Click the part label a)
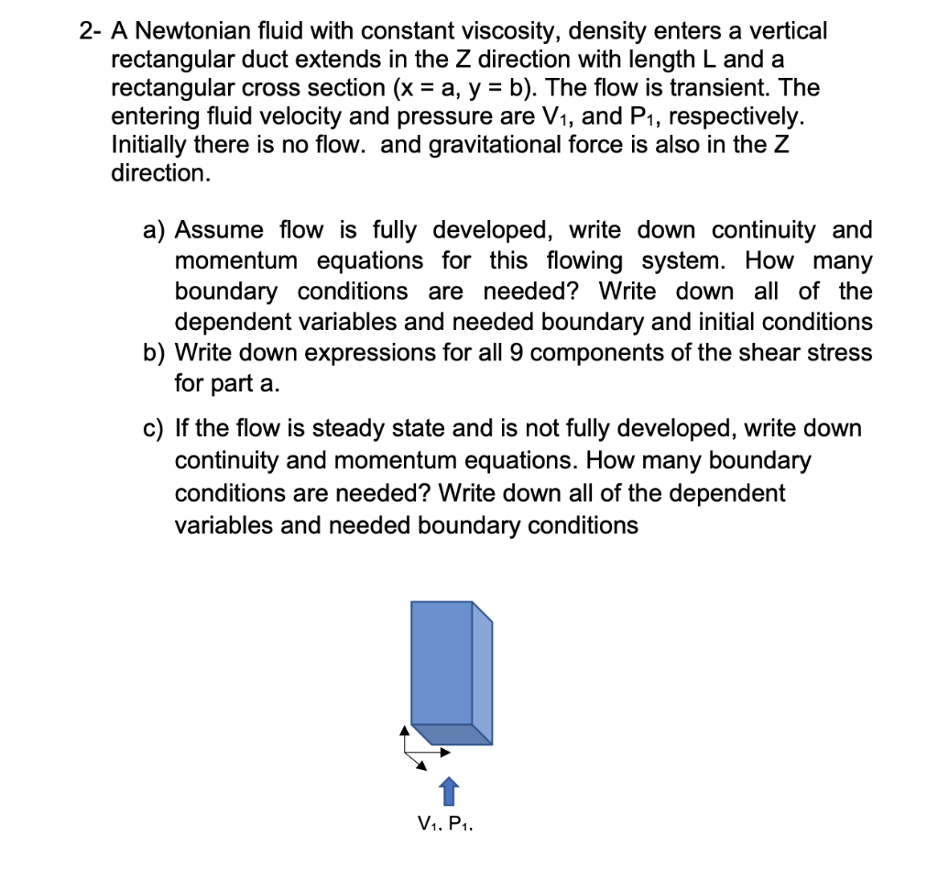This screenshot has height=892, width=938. point(156,230)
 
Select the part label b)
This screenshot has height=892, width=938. point(156,353)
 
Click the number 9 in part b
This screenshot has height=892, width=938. point(540,353)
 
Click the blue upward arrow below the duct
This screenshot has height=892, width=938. point(447,789)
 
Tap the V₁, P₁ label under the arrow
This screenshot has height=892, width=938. point(444,823)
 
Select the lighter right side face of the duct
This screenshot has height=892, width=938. point(483,674)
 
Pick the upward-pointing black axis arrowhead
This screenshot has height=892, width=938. point(403,730)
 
